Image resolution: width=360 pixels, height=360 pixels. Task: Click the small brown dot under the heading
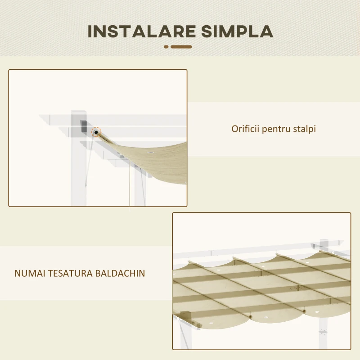(166, 46)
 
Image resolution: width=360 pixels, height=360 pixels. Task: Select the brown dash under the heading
(181, 46)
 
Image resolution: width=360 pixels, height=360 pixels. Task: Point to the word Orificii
(245, 129)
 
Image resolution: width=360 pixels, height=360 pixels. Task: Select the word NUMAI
(28, 273)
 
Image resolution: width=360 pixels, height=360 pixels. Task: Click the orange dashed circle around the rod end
(96, 133)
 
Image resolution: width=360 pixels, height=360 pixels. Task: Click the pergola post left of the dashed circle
(77, 171)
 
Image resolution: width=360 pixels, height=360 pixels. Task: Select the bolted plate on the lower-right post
(322, 333)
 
